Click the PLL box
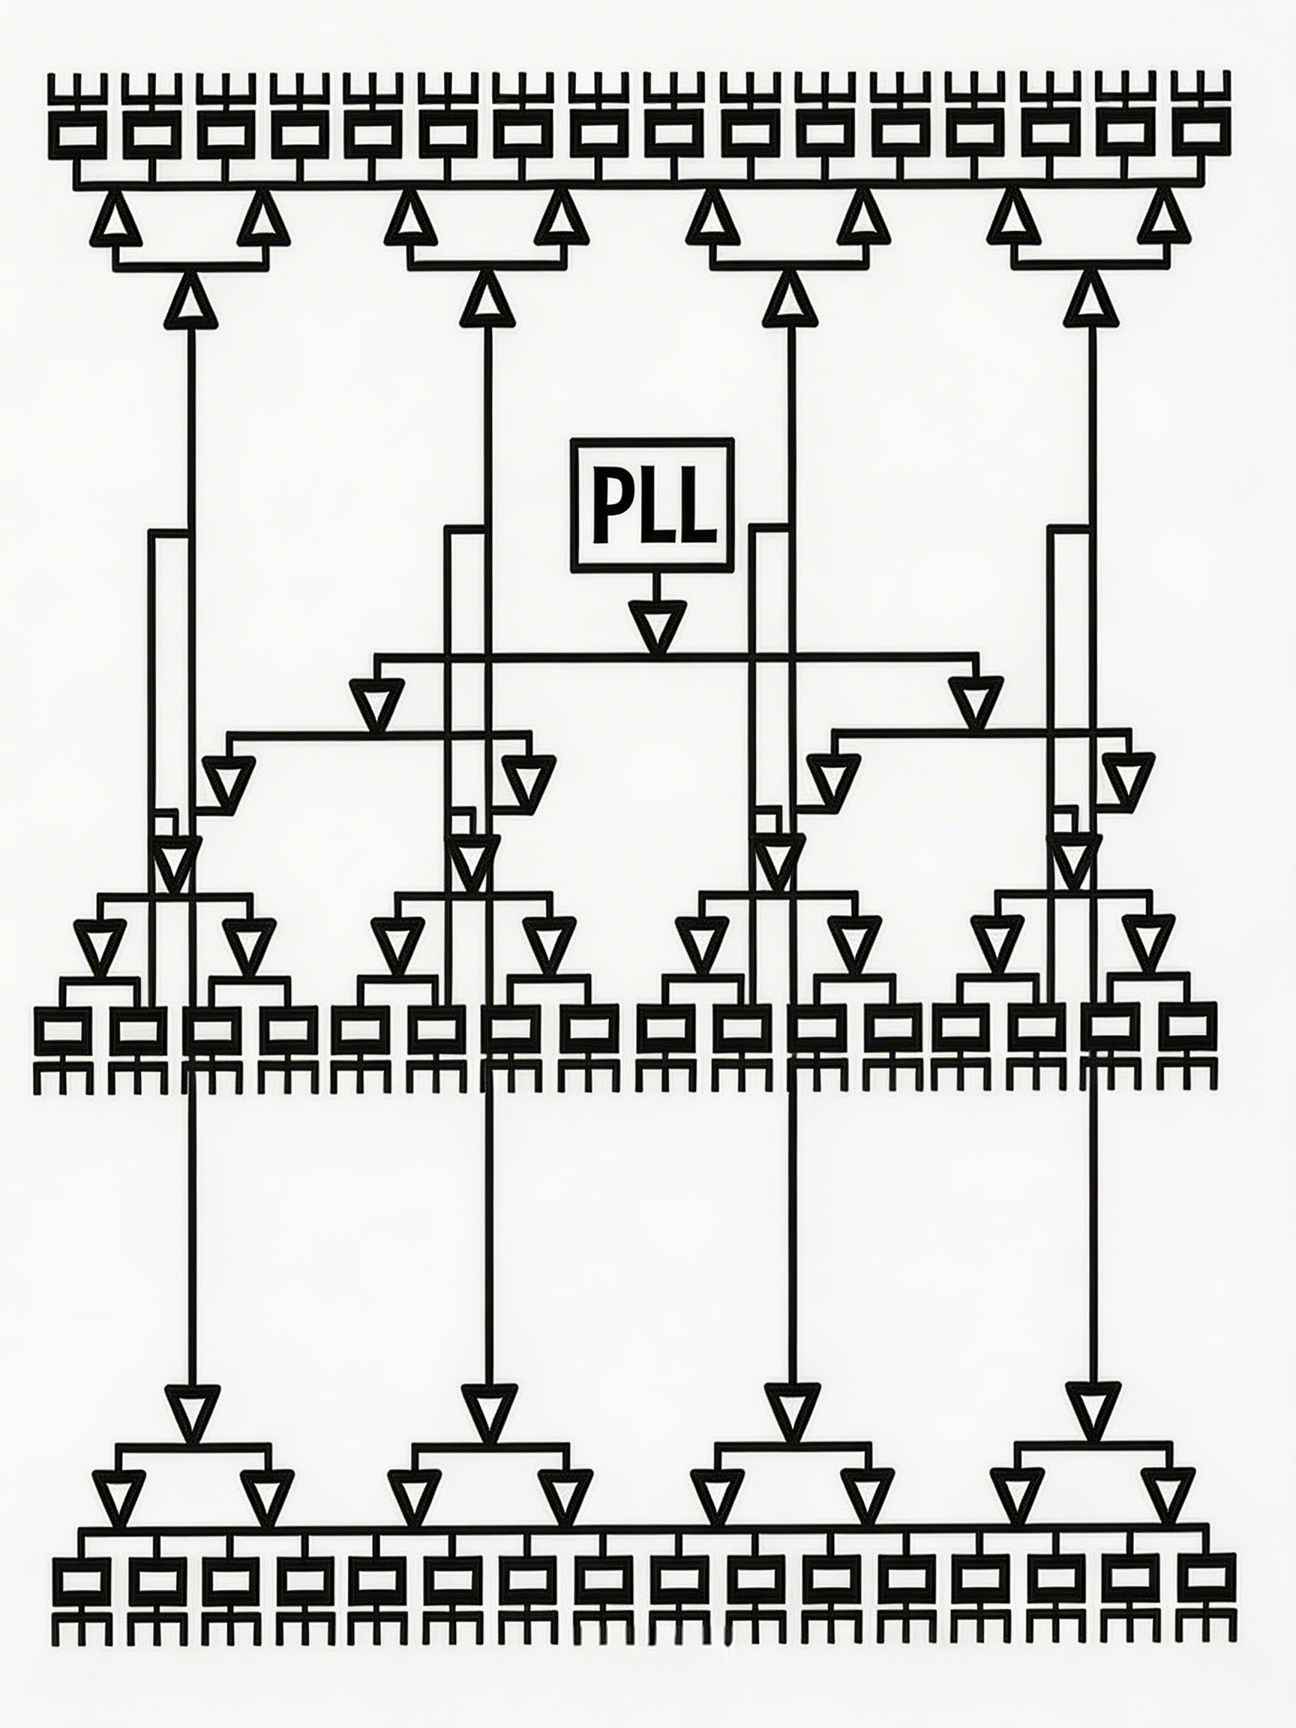coord(652,505)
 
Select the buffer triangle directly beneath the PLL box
coord(657,625)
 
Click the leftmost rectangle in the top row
coord(76,135)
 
